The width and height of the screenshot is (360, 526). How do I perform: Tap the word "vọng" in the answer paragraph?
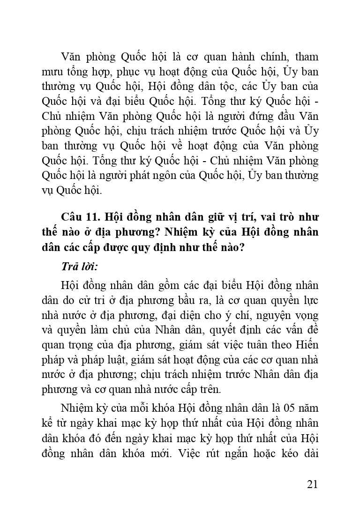tap(306, 315)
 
